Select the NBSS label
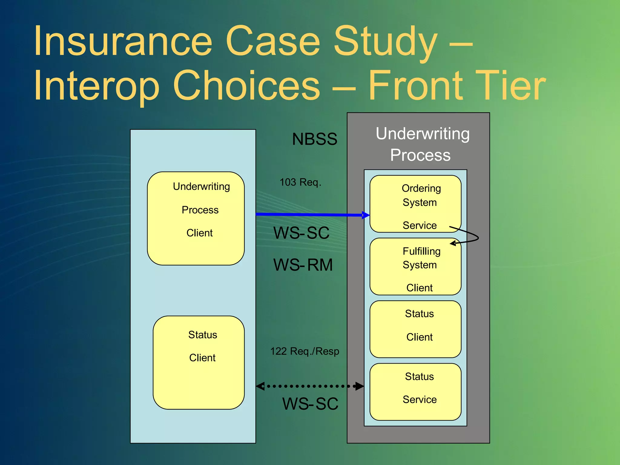click(x=314, y=139)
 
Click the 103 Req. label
click(x=300, y=182)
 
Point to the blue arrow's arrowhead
click(x=366, y=215)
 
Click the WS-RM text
click(x=303, y=265)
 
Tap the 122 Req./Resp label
click(x=304, y=351)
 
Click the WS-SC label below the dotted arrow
click(x=310, y=404)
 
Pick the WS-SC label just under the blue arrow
click(x=301, y=233)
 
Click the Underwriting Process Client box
click(x=196, y=218)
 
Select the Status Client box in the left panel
click(x=199, y=362)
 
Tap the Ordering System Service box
click(x=415, y=204)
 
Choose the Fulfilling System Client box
click(x=415, y=266)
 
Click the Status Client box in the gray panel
click(x=415, y=329)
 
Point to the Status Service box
click(x=415, y=392)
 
